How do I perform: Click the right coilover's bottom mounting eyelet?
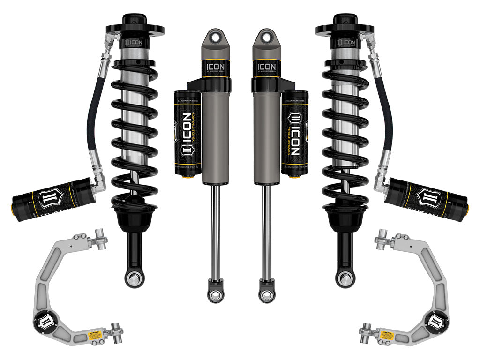(345, 278)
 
